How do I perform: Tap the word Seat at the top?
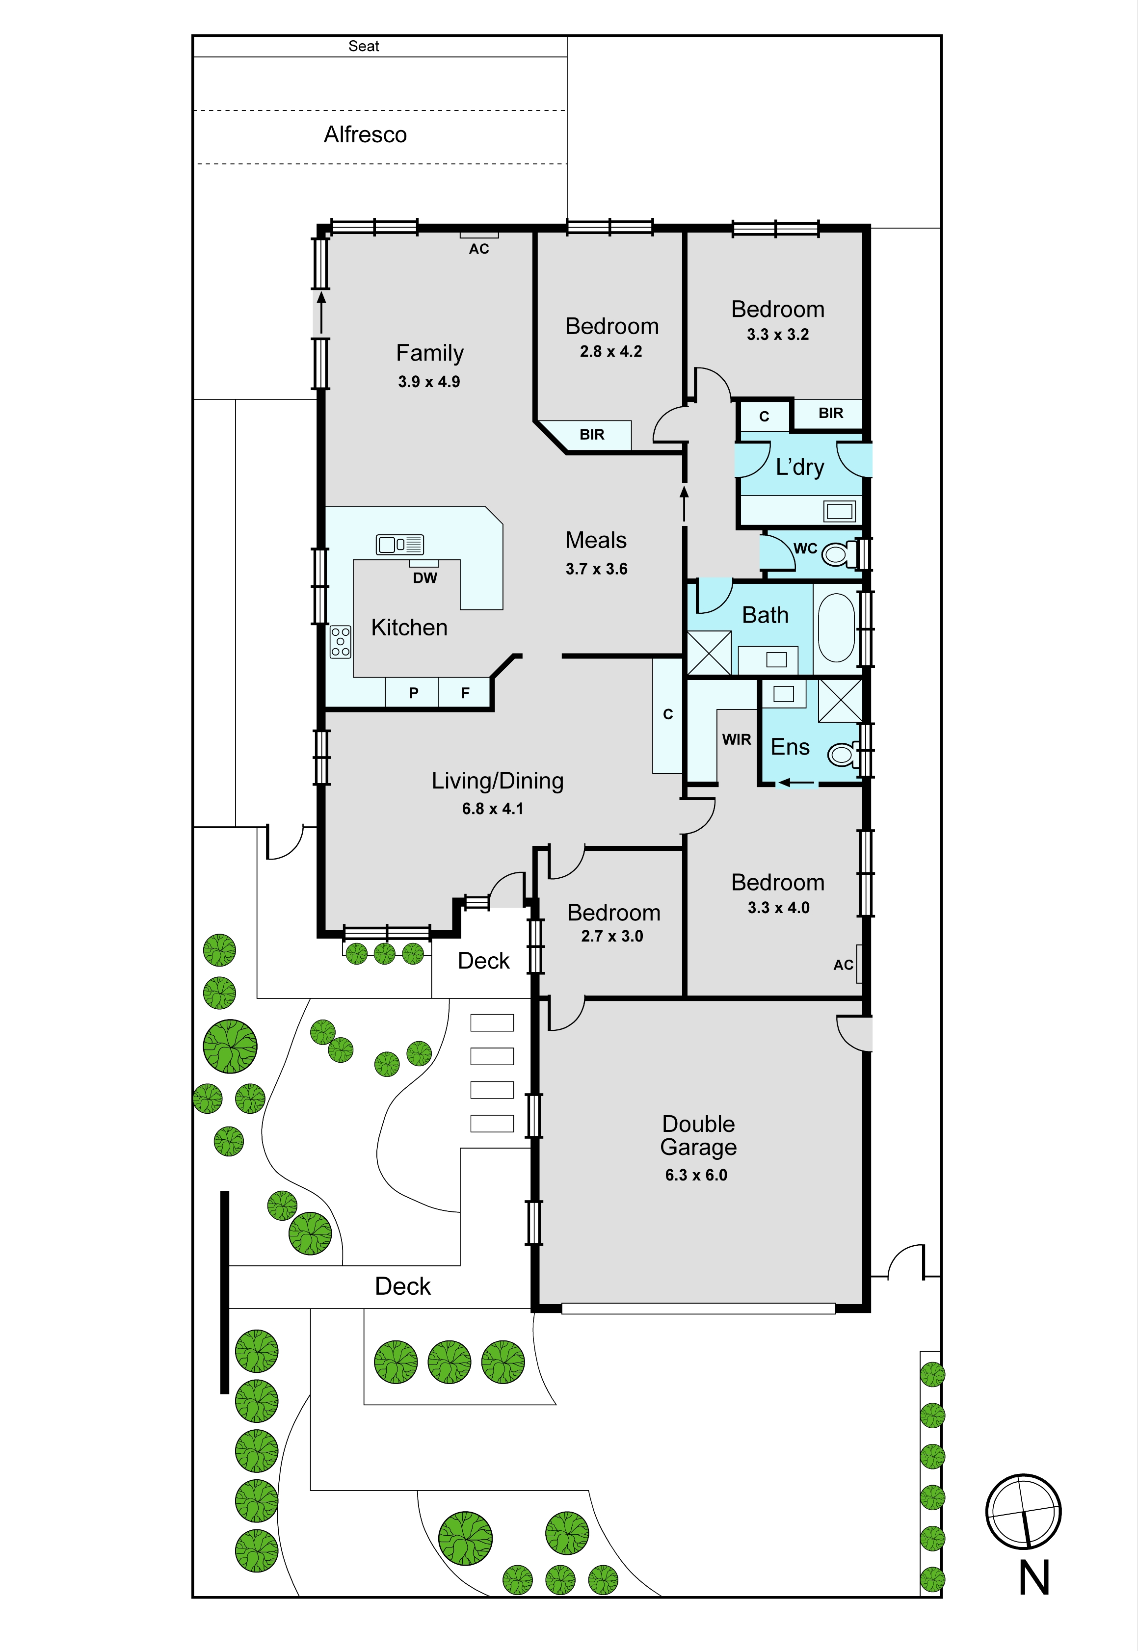(364, 46)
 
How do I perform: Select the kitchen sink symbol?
(399, 545)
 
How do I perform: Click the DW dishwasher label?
(425, 578)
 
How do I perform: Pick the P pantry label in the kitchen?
(414, 693)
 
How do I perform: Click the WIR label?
(737, 740)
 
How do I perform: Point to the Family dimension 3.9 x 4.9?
(429, 382)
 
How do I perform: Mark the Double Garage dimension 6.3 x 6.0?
(697, 1176)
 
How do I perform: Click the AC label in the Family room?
(479, 249)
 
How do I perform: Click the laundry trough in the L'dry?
(839, 510)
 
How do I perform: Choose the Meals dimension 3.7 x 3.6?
(597, 569)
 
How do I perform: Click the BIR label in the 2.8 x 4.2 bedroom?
(592, 435)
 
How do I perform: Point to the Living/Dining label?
(498, 781)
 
